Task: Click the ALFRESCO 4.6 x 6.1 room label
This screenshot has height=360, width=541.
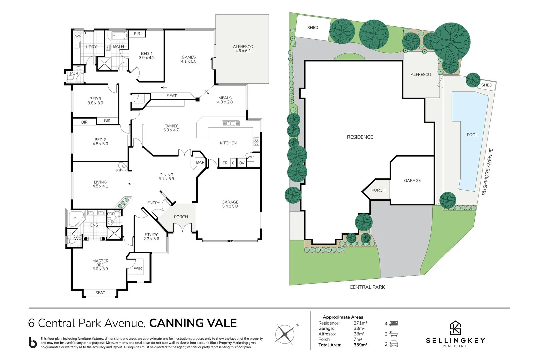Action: (243, 49)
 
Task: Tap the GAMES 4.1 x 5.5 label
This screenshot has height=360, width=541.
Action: (189, 59)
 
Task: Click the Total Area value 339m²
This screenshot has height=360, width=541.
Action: (360, 345)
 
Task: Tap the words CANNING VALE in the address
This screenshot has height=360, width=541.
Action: (193, 323)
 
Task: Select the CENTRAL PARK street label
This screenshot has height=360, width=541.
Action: (367, 287)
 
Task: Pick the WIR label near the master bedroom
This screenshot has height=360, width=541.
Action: (138, 268)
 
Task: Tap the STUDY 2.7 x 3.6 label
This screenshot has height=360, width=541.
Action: (151, 237)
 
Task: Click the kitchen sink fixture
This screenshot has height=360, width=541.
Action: (231, 123)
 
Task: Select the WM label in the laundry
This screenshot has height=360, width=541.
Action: (78, 36)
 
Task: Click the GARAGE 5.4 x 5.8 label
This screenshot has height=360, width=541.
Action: (230, 204)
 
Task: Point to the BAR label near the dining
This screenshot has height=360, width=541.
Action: (200, 162)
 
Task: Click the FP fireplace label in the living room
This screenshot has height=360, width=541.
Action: (119, 170)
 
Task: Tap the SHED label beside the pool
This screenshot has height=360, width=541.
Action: (486, 85)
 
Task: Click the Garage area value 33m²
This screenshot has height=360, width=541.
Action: (359, 328)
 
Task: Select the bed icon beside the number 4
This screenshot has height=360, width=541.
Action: (394, 324)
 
